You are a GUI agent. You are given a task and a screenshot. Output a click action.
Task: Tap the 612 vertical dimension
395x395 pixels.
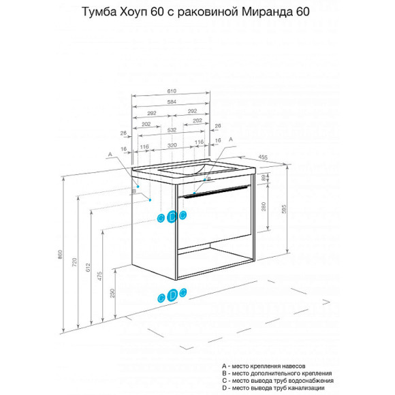point(88,267)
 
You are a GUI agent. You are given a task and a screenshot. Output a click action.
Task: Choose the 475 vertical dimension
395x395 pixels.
point(100,274)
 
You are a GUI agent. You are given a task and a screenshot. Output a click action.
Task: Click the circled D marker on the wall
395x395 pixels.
point(172,217)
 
